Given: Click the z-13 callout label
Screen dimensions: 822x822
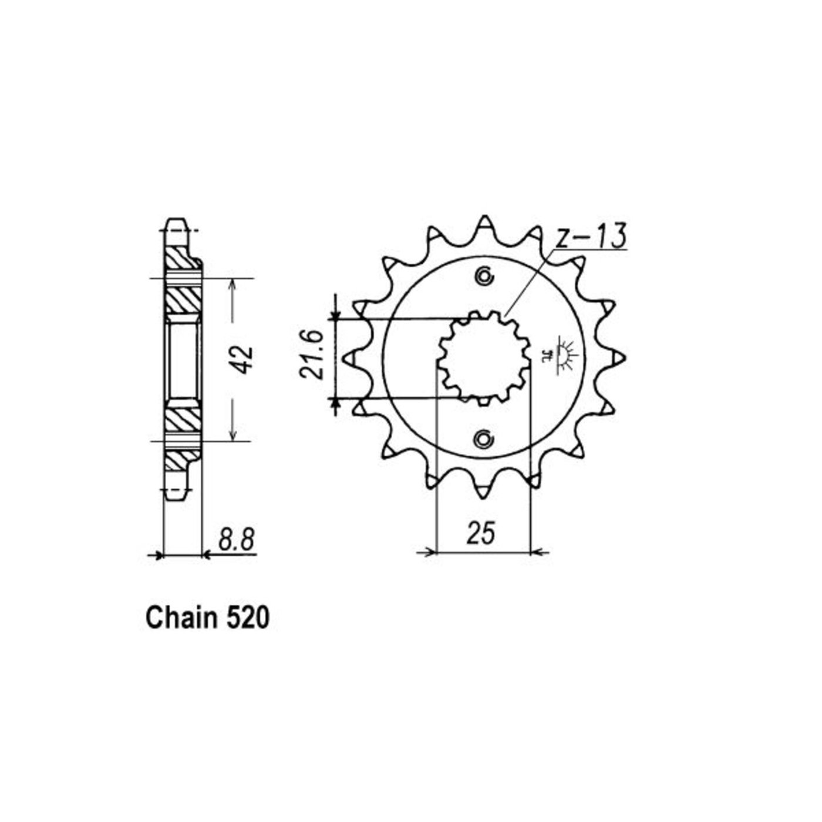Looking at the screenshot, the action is (x=591, y=236).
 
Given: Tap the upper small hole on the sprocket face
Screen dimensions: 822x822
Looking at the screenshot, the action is (x=484, y=277).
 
